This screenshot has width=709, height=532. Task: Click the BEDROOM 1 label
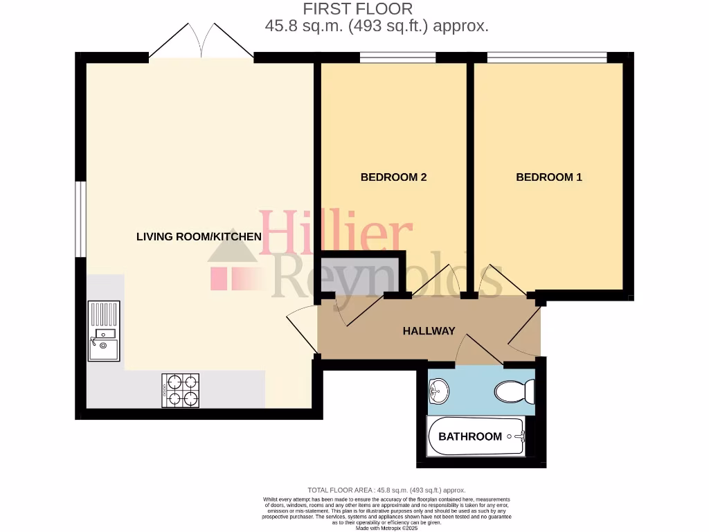click(x=549, y=177)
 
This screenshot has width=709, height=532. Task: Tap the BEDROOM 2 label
click(x=393, y=177)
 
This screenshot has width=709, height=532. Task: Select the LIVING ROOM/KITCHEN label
click(x=199, y=237)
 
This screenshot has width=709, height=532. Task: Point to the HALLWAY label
click(x=429, y=331)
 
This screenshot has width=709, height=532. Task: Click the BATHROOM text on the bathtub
click(x=470, y=436)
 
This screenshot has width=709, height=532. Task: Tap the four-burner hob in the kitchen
click(x=181, y=390)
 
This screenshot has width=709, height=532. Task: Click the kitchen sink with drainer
click(x=104, y=331)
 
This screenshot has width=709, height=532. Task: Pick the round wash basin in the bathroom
click(x=439, y=391)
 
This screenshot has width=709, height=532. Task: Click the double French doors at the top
click(x=201, y=42)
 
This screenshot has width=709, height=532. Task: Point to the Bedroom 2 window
click(x=397, y=58)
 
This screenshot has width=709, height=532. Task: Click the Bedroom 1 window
click(x=547, y=58)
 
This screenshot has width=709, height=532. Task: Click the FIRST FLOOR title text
click(x=358, y=9)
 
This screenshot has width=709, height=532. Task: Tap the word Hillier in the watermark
click(x=336, y=233)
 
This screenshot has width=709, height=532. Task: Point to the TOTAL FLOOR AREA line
click(x=386, y=490)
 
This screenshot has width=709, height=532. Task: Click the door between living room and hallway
click(x=301, y=332)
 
